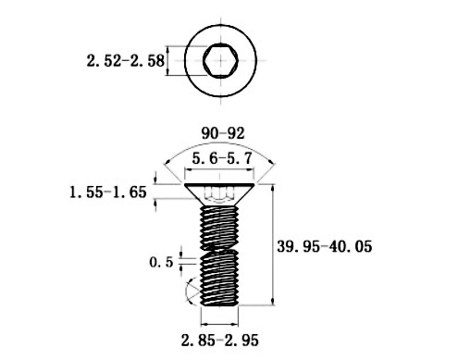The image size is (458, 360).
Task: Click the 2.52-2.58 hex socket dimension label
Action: (126, 60)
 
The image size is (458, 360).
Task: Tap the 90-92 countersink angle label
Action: (223, 133)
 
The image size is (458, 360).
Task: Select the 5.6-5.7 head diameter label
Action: (222, 158)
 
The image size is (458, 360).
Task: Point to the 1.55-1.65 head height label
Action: (108, 192)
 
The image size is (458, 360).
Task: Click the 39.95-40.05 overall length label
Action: (325, 246)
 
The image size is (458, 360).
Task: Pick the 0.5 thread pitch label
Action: (161, 262)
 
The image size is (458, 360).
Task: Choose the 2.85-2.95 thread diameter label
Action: (220, 341)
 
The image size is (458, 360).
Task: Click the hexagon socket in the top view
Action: (220, 60)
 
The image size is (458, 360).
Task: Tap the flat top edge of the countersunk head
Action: (219, 184)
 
